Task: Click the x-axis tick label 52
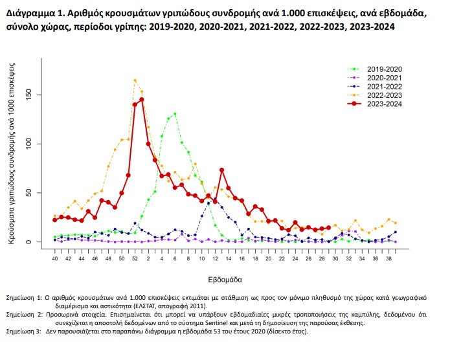pyautogui.click(x=135, y=259)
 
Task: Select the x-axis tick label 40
pyautogui.click(x=54, y=259)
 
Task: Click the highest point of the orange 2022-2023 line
pyautogui.click(x=135, y=80)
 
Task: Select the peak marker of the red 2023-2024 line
pyautogui.click(x=141, y=99)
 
